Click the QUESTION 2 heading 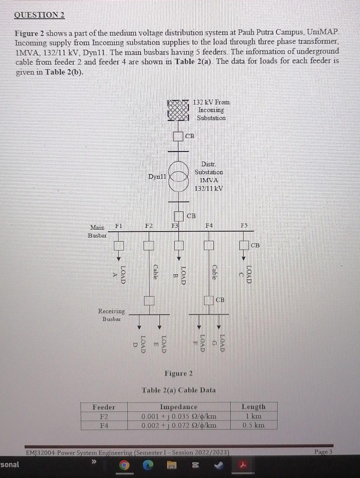point(40,15)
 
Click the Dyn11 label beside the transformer point(157,176)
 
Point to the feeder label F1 point(118,226)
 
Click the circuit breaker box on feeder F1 point(119,246)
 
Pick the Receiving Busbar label point(111,315)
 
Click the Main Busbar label point(97,231)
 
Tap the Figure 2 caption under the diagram point(178,373)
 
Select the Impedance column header point(179,407)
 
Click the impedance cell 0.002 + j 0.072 point(179,425)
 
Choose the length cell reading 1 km point(253,416)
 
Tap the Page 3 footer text point(323,452)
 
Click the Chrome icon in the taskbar point(124,465)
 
